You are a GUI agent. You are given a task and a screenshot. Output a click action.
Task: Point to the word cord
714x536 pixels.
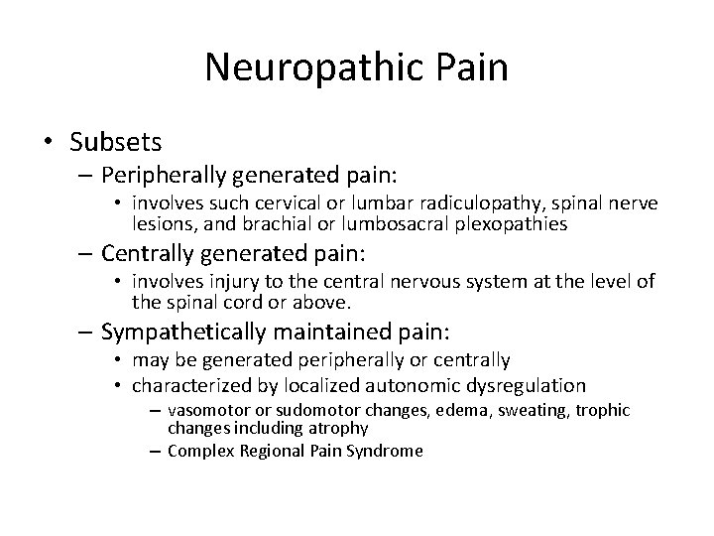click(243, 302)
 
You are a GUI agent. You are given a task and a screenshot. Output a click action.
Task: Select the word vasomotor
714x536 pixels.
click(208, 410)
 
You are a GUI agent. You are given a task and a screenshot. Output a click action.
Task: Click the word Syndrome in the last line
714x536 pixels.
click(386, 451)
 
